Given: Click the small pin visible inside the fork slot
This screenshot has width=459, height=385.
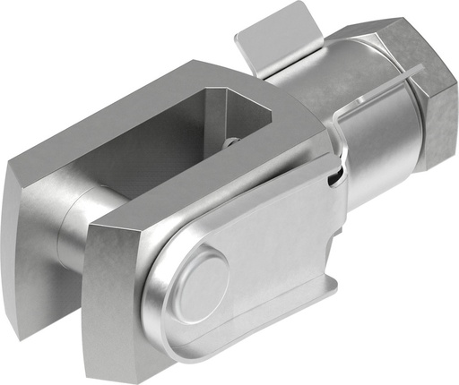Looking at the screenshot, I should [231, 141].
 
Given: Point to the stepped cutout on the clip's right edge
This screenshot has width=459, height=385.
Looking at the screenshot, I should [337, 269].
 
